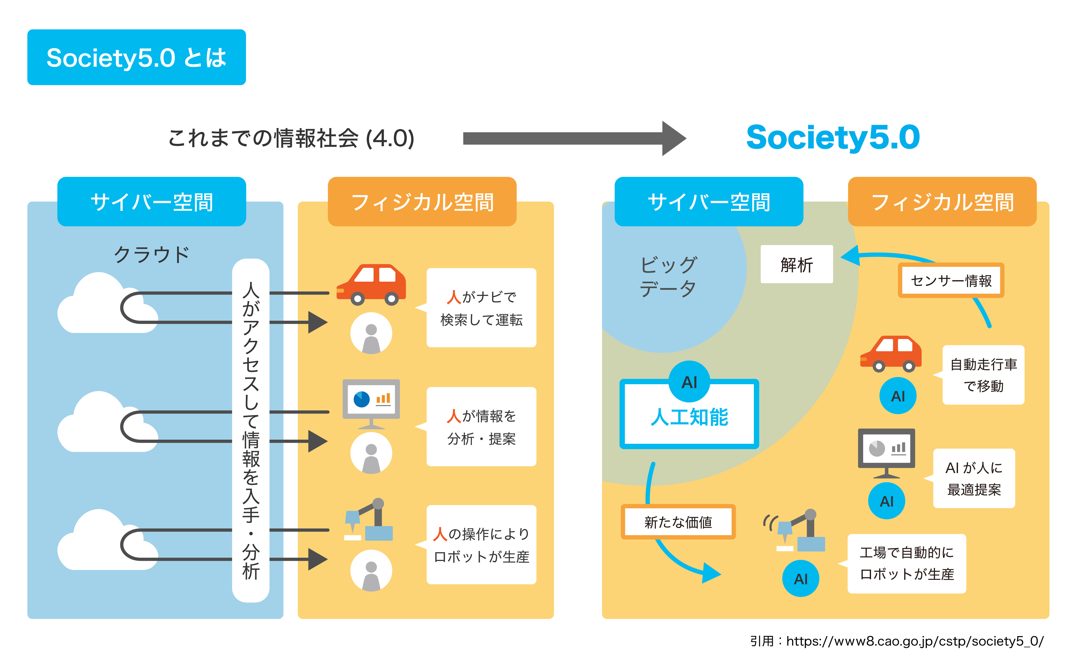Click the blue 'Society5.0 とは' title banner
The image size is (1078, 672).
[x=136, y=57]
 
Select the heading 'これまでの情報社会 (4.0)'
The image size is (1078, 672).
[x=291, y=138]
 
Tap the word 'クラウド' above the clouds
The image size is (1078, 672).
[x=151, y=255]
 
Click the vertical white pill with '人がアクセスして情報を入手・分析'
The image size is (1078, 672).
[x=251, y=430]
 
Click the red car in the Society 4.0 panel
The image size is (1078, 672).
[x=371, y=284]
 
